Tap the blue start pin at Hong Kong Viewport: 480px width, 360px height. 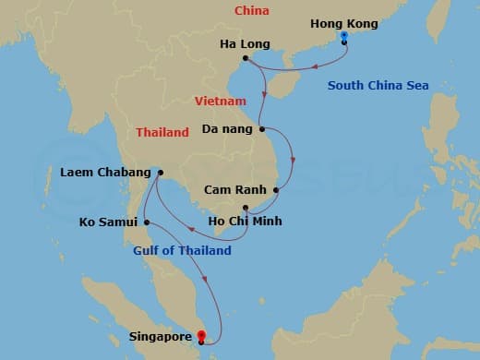343,37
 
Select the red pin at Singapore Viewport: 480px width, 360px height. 201,335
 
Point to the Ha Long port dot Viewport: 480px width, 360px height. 246,60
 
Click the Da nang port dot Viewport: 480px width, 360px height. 262,128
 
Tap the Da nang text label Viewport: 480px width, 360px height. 227,129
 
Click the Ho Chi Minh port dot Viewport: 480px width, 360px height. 245,208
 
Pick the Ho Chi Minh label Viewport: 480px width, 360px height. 246,222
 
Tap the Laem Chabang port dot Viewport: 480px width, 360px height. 160,172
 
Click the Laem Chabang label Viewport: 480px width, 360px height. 104,173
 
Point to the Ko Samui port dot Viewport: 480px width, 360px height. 146,222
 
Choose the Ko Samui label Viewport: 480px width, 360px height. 108,222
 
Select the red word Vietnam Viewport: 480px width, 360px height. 222,100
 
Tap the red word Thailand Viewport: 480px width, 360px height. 162,133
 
